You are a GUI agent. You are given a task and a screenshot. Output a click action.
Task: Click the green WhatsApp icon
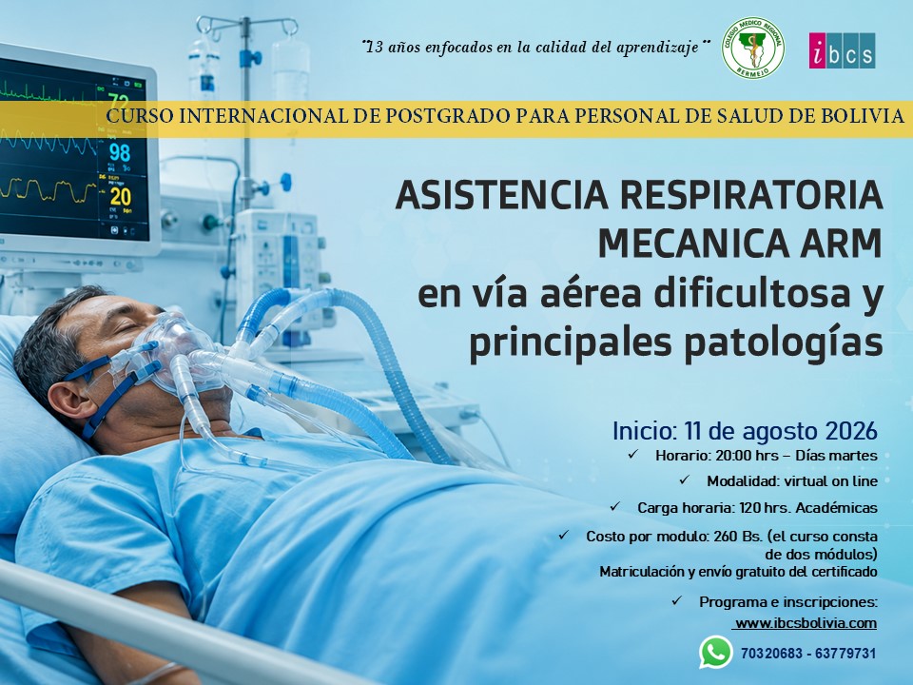715,653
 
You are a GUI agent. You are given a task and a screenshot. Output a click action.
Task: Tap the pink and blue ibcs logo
842,50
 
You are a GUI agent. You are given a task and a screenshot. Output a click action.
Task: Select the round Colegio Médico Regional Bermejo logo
753,48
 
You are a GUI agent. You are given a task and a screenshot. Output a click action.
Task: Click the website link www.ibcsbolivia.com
806,622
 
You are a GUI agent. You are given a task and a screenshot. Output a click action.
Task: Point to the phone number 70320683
771,654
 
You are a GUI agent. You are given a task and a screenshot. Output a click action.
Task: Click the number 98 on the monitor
120,152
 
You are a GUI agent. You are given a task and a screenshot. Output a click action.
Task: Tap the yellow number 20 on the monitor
120,197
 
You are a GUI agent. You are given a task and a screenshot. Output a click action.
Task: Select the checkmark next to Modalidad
684,479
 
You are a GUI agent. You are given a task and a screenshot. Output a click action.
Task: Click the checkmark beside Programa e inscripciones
676,600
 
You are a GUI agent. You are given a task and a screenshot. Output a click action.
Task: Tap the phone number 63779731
845,654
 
